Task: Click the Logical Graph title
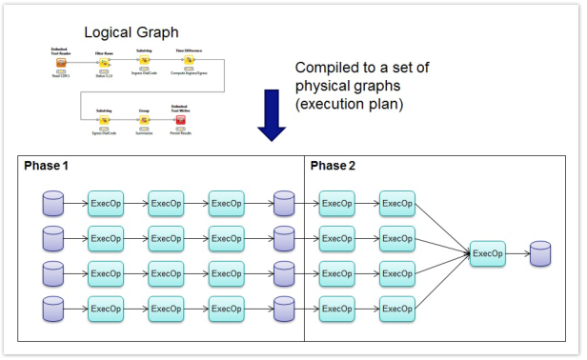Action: (131, 31)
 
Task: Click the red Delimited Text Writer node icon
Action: (179, 120)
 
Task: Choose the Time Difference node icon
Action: (189, 63)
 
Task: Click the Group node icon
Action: (144, 120)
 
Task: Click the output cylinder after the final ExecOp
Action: (540, 253)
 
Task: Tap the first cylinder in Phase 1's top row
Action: (53, 203)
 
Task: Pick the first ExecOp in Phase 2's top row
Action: (336, 203)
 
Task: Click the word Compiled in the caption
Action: (327, 68)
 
